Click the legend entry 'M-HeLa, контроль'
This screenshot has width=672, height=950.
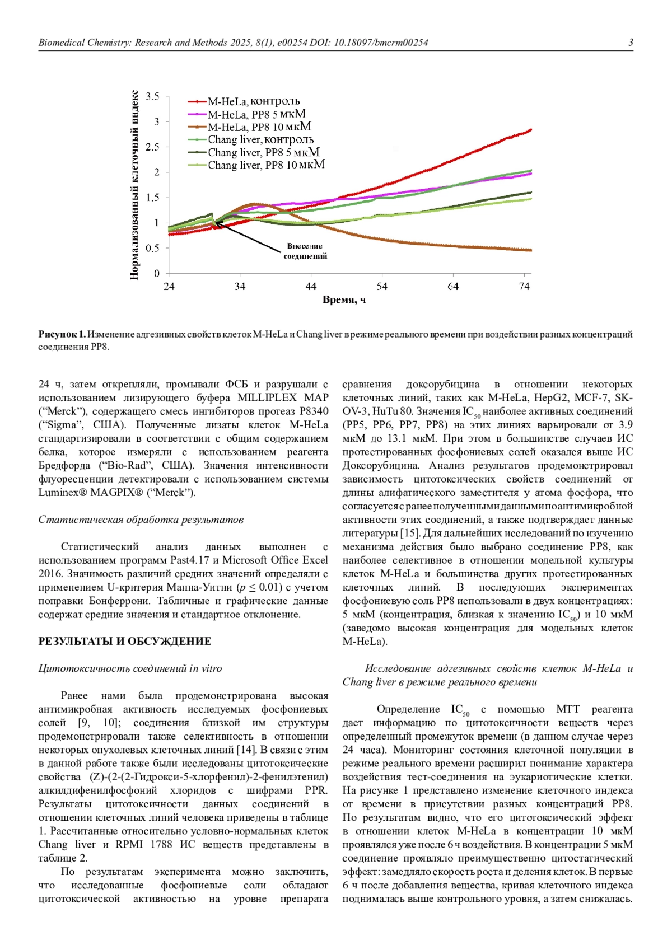point(254,101)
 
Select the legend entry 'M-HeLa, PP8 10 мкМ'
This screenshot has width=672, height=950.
point(259,127)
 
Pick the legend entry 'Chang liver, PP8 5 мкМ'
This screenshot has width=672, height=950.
point(264,152)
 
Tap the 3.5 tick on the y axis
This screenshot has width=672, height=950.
point(153,96)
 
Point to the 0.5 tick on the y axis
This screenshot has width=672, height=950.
point(153,248)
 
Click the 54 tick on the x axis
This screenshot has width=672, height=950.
point(382,287)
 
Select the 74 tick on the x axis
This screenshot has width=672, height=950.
point(524,287)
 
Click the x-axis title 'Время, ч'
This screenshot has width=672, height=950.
point(344,300)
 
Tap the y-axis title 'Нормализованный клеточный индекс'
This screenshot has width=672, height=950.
point(134,185)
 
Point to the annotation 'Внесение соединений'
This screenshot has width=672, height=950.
point(305,251)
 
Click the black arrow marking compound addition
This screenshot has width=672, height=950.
point(246,238)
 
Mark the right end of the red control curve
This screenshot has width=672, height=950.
point(530,130)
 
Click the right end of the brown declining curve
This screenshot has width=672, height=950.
point(530,250)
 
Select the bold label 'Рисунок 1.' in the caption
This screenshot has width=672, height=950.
point(62,334)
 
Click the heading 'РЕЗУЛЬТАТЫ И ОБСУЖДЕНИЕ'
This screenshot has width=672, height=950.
point(124,642)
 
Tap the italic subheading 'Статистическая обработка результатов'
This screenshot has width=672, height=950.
point(141,520)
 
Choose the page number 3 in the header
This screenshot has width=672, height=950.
point(631,43)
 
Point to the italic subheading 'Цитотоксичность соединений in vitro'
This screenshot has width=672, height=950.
point(130,668)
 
